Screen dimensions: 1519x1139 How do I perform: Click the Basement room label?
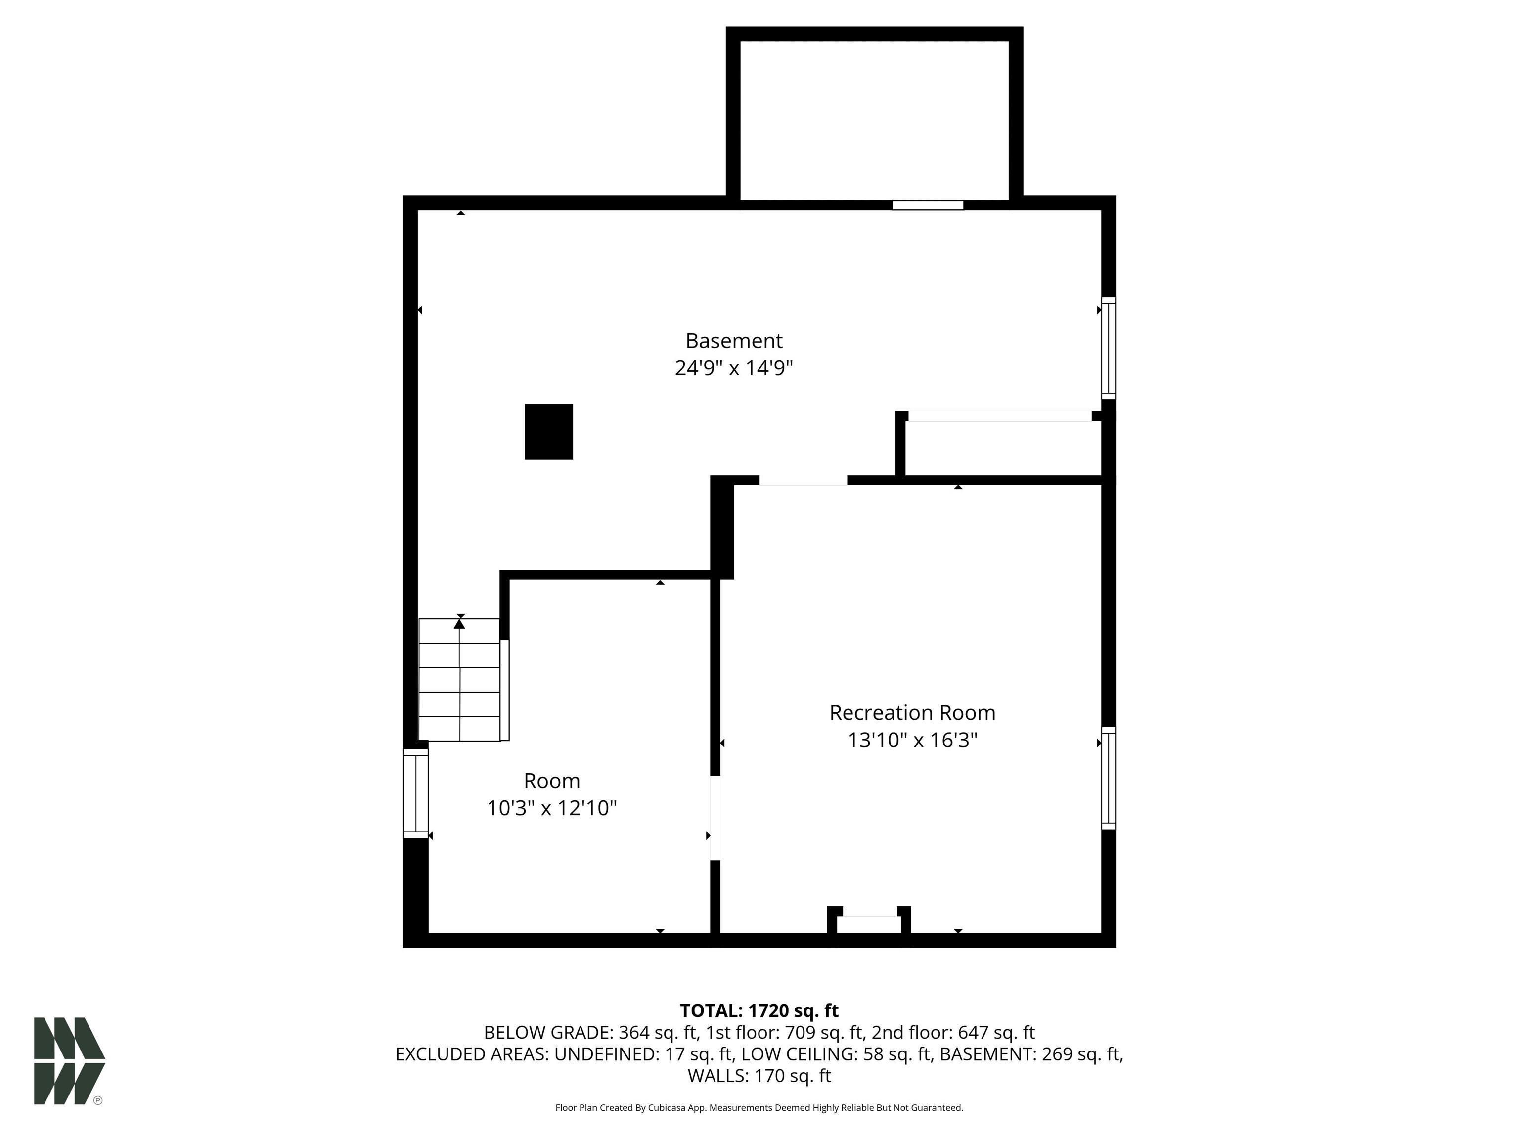click(x=733, y=341)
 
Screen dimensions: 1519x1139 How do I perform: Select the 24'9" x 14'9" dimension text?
click(x=733, y=368)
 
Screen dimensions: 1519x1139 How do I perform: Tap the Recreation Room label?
click(x=912, y=713)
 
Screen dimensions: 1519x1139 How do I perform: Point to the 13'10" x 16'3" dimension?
click(x=912, y=740)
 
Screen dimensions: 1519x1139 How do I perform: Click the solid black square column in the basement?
click(x=549, y=432)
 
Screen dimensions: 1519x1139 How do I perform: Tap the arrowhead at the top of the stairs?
click(x=459, y=623)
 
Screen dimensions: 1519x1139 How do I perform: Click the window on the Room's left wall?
click(x=415, y=793)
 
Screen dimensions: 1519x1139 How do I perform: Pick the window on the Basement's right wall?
click(x=1109, y=348)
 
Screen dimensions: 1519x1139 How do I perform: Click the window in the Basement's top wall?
click(x=928, y=205)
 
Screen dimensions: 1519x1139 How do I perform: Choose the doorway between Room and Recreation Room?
click(x=715, y=818)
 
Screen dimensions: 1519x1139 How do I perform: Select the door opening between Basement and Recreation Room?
click(x=803, y=481)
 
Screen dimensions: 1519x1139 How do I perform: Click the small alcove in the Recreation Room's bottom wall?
click(x=869, y=924)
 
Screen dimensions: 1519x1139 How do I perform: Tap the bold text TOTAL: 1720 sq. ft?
click(x=759, y=1010)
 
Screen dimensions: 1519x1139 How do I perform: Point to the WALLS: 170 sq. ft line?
click(x=759, y=1076)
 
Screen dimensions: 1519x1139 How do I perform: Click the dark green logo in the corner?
click(x=69, y=1061)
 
